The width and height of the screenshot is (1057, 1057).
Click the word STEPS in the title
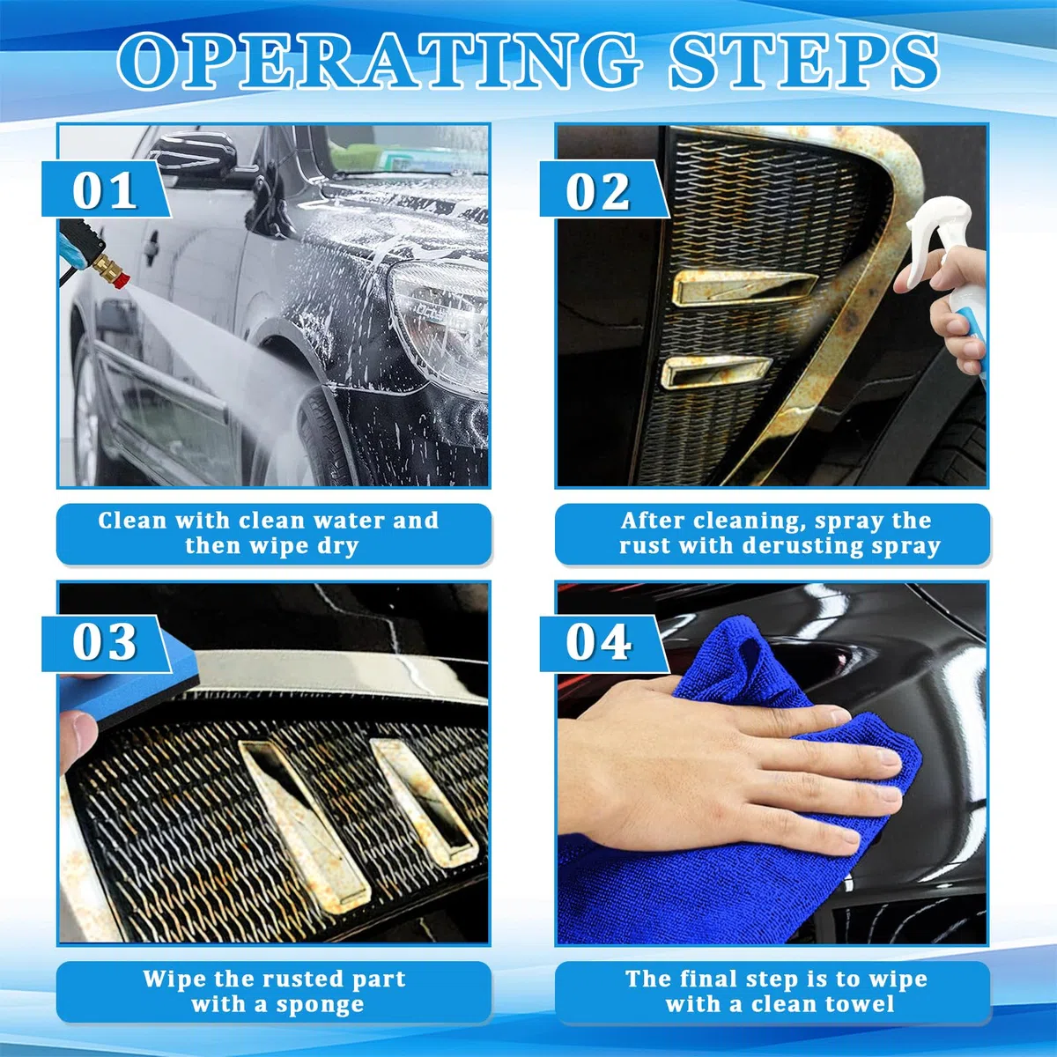[804, 61]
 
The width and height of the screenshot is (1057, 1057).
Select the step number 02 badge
[603, 189]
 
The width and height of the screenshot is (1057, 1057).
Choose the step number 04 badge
[603, 643]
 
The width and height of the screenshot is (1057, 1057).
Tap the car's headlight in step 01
[439, 323]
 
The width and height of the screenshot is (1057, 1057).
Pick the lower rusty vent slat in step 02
[714, 371]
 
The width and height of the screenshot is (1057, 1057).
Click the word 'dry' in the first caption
[336, 546]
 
